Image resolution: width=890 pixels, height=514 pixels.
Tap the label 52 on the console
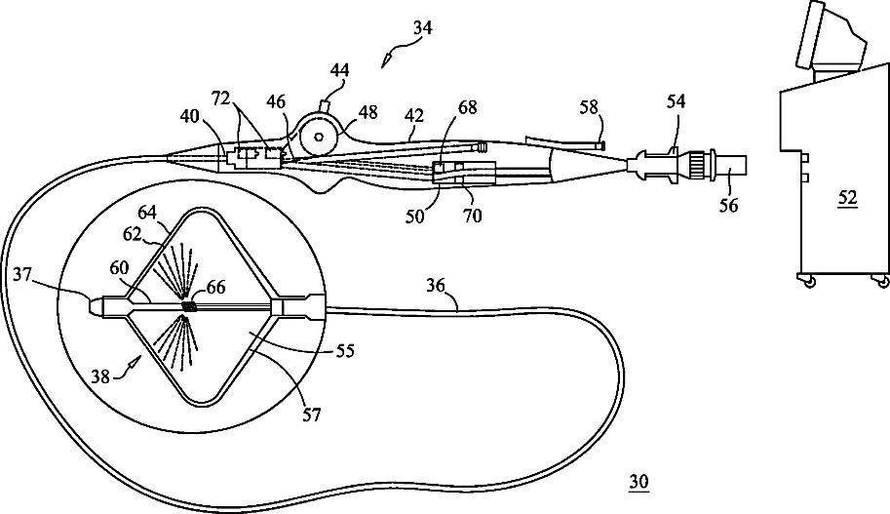tap(847, 197)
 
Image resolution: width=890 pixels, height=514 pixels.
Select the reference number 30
tap(638, 481)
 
